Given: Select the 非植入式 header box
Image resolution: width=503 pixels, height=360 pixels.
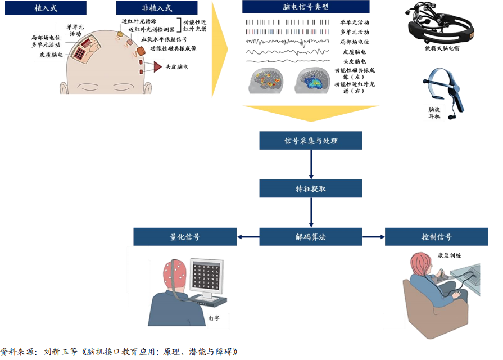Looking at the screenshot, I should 157,8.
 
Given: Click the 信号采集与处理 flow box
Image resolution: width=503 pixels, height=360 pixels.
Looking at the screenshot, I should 311,141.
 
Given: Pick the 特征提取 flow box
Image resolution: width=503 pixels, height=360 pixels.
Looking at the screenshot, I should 311,189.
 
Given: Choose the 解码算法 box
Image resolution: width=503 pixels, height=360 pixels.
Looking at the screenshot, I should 311,237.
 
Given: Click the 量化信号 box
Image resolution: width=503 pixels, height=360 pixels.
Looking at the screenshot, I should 185,237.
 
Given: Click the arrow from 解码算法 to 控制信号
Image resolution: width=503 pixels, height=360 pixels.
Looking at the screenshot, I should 374,237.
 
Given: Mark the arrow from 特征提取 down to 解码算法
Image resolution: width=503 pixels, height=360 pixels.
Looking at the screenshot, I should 311,213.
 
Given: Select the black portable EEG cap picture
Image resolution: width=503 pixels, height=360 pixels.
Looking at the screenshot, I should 443,22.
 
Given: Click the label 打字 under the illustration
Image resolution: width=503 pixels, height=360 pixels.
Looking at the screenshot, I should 214,318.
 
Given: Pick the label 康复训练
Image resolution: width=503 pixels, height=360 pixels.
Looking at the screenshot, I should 450,255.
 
